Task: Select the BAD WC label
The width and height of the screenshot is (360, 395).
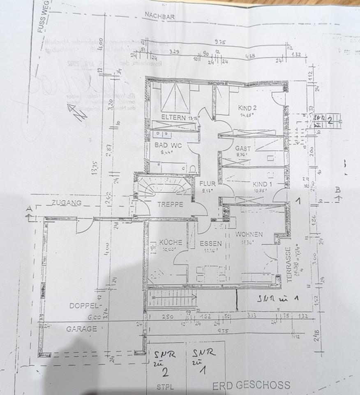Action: (x=168, y=145)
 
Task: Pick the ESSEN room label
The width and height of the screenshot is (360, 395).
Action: (x=211, y=243)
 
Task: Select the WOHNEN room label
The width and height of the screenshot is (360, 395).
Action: (x=249, y=234)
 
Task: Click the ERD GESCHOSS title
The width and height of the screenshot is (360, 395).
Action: (x=251, y=386)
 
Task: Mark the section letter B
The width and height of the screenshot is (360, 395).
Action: (x=338, y=190)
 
